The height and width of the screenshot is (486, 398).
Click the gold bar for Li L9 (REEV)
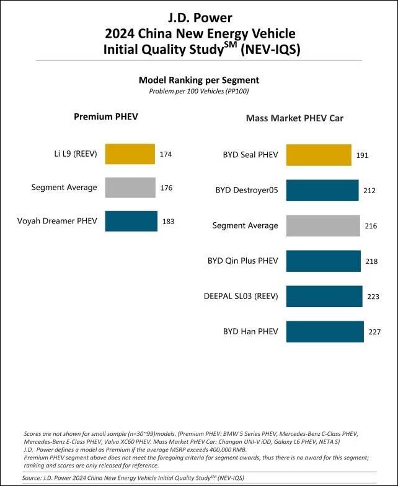coord(130,154)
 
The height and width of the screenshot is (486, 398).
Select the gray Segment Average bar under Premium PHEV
coord(130,188)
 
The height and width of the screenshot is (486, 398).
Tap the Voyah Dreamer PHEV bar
coord(131,221)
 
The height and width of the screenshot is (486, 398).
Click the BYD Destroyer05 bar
coord(322,190)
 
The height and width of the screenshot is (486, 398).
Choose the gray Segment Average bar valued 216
coord(322,225)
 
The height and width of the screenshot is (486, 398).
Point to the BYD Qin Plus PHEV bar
coord(323,261)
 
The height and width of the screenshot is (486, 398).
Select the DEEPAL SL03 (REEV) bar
coord(324,296)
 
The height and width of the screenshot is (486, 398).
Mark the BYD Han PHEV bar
coord(324,331)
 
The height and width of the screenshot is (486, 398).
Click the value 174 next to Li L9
coord(166,154)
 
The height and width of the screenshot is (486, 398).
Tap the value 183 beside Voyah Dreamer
coord(168,221)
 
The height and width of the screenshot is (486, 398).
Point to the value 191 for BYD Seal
coord(362,155)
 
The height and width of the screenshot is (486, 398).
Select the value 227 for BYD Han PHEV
coord(374,332)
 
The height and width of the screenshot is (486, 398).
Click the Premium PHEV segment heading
coord(105,116)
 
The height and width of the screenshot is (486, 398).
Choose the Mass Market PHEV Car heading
coord(294,118)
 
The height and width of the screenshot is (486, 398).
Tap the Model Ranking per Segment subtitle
coord(198,80)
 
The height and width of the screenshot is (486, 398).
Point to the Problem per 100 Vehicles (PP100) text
coord(198,91)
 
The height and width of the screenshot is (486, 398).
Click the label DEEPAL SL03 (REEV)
coord(241,297)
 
